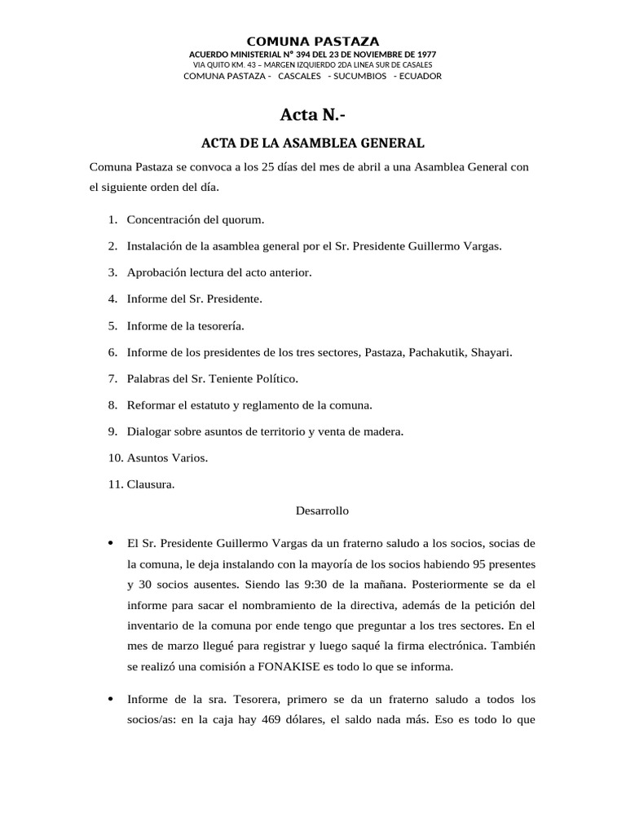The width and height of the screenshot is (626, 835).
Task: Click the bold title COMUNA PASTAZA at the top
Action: click(313, 41)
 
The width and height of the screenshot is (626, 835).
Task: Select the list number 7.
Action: click(112, 378)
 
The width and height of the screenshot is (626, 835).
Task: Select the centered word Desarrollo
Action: click(322, 510)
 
